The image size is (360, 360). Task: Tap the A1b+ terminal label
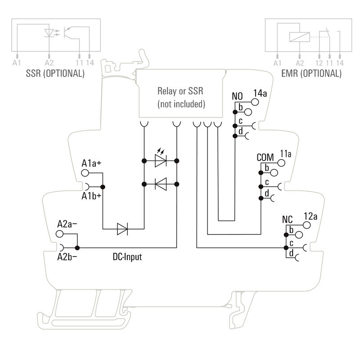click(91, 197)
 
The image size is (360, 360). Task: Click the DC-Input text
click(127, 257)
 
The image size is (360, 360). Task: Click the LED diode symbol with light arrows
click(161, 160)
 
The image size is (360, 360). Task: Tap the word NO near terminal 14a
click(237, 96)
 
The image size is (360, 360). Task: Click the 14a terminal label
click(260, 94)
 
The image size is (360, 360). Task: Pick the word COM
click(265, 157)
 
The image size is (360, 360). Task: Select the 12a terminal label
click(310, 216)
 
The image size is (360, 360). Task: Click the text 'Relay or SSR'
click(180, 91)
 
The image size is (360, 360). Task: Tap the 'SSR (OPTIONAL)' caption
click(55, 73)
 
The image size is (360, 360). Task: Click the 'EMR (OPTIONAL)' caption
click(311, 73)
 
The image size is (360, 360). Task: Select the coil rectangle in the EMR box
click(299, 36)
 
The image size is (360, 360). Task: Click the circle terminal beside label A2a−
click(59, 234)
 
